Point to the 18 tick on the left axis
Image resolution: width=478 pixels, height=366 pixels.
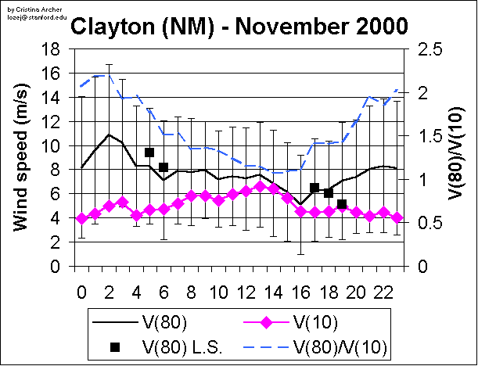(50, 49)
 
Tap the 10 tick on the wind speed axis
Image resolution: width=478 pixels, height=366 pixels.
(50, 146)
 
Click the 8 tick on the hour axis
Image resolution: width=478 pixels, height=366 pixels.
(191, 289)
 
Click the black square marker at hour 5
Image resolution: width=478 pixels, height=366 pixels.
(149, 152)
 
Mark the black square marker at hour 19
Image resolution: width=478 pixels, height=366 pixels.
(342, 204)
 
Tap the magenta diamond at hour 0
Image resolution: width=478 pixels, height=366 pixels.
(81, 219)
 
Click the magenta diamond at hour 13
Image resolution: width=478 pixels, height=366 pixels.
(260, 187)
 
